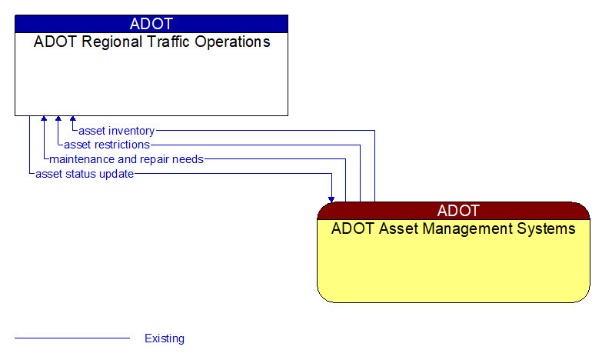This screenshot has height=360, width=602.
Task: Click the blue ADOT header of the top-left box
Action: coord(151,24)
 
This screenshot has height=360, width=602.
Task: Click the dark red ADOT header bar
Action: coord(454,211)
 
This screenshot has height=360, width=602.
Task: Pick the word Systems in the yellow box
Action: coord(547,229)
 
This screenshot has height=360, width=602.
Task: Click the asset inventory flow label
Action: coord(117,131)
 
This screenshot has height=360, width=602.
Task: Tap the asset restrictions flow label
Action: coord(107,145)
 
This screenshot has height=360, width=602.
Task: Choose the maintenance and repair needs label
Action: coord(126,159)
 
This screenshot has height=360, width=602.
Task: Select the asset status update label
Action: coord(85,174)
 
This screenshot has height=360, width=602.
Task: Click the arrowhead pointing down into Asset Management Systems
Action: coord(331,198)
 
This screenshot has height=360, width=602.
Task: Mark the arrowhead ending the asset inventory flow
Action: coord(73,120)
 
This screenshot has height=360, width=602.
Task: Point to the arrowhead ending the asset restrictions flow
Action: coord(58,120)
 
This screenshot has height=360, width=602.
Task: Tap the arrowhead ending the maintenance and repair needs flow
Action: coord(44,120)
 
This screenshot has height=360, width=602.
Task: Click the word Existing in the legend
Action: coord(165,338)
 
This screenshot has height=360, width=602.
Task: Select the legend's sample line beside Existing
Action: coord(72,338)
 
